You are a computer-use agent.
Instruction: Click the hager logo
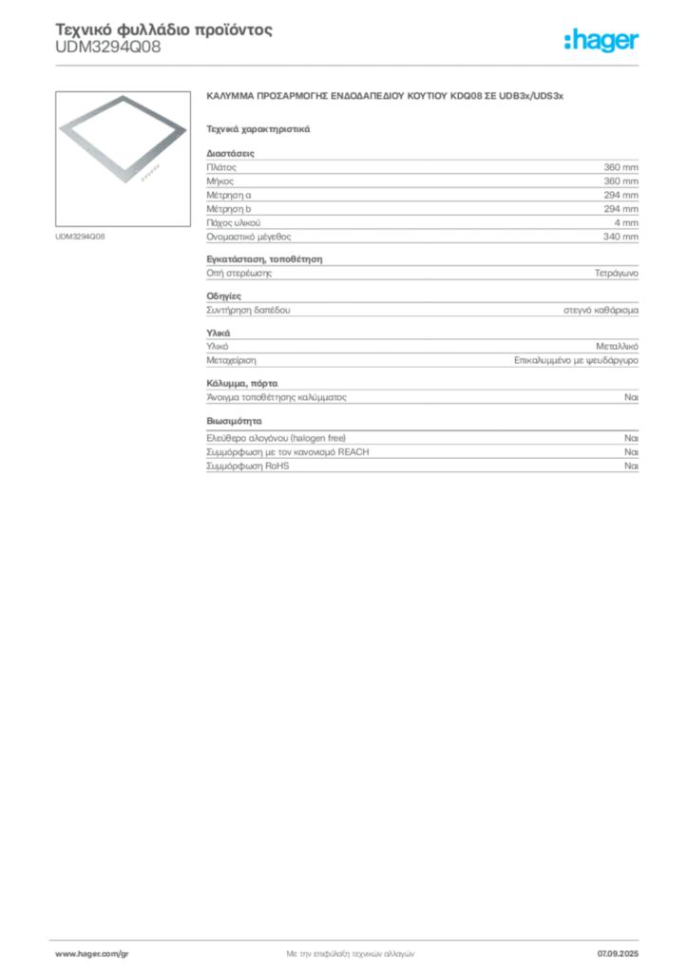(602, 41)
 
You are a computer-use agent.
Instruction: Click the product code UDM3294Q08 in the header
(108, 48)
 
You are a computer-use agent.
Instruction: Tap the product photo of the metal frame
(123, 159)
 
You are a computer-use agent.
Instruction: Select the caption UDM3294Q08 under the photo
(80, 237)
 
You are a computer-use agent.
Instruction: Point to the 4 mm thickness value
(626, 222)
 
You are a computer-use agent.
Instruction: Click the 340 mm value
(621, 237)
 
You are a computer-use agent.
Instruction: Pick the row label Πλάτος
(221, 167)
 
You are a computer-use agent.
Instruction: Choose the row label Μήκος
(220, 181)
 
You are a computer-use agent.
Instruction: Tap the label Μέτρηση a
(229, 195)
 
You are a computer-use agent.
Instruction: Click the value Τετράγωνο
(616, 273)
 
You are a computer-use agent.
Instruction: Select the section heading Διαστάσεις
(230, 153)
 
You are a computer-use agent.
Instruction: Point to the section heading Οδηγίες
(224, 296)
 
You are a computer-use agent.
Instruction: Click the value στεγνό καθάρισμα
(601, 310)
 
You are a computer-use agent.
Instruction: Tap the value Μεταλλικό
(618, 346)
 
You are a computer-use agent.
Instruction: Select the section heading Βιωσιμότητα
(234, 421)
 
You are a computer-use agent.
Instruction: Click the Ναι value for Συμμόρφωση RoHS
(632, 466)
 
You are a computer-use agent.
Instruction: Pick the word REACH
(353, 451)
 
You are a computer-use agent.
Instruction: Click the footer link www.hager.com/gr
(92, 954)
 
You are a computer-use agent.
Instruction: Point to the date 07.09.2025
(618, 954)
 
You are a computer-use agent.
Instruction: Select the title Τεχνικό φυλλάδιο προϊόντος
(163, 29)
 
